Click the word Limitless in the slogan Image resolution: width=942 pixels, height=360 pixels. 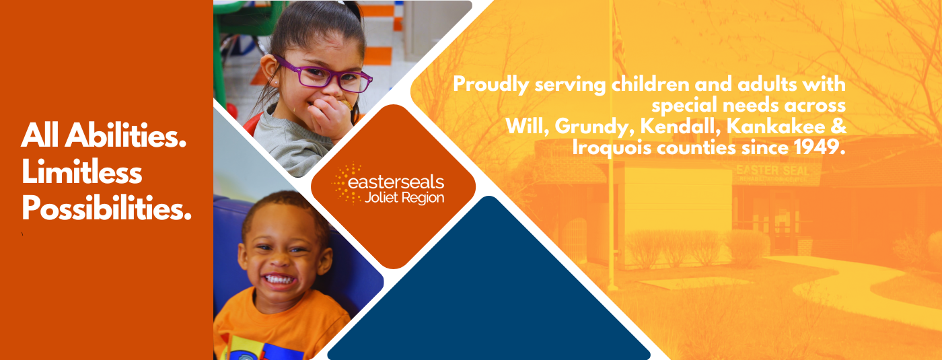[81, 172]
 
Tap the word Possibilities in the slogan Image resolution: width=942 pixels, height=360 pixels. [106, 208]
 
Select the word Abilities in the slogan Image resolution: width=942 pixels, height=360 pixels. [125, 135]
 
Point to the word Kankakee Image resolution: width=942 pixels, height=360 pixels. [776, 127]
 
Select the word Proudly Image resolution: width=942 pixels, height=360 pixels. [491, 85]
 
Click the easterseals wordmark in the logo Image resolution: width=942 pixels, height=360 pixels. [396, 182]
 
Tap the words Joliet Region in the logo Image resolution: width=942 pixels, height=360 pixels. [404, 198]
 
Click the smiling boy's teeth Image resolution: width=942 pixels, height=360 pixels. [279, 279]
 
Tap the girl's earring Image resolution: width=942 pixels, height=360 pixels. [277, 83]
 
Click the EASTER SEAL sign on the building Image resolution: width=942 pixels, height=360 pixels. [772, 171]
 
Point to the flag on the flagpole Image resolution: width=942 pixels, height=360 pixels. [618, 42]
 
